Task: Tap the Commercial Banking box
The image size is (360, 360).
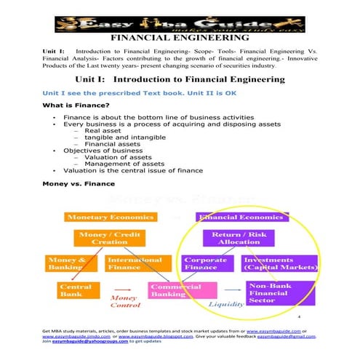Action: pyautogui.click(x=175, y=290)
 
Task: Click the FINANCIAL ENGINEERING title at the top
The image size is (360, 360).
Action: pyautogui.click(x=179, y=38)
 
